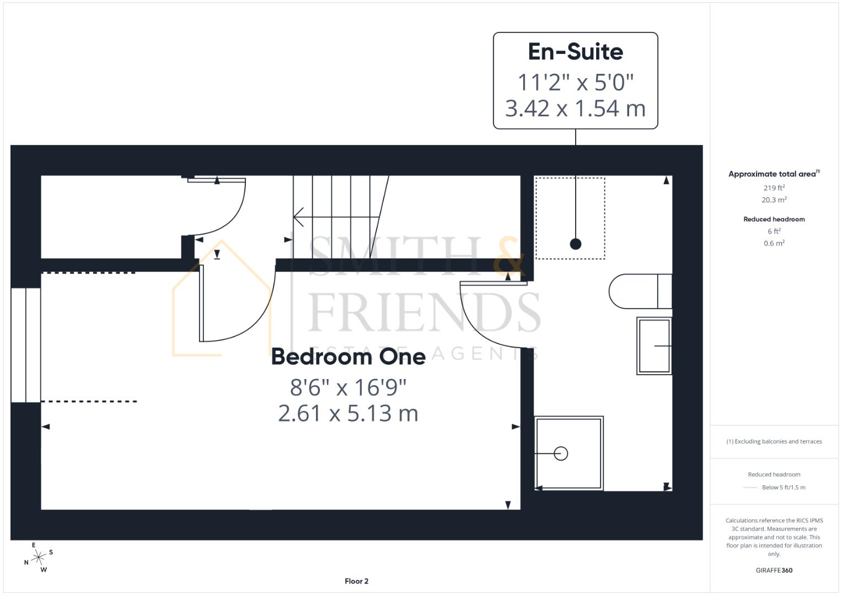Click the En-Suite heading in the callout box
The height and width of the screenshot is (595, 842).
tap(575, 52)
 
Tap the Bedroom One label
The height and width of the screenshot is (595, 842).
tap(348, 357)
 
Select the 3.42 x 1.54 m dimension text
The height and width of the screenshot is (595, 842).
tap(575, 109)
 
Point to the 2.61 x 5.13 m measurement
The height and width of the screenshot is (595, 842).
tap(348, 413)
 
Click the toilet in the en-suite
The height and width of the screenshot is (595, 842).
tap(640, 291)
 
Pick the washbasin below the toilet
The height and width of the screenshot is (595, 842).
tap(654, 346)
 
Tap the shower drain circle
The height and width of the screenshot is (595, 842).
tap(561, 453)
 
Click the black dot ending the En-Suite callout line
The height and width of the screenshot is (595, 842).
tap(575, 244)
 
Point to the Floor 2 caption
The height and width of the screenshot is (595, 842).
tap(356, 581)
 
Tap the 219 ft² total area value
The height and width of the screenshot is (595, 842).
tap(774, 188)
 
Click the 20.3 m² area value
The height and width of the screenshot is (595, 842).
tap(774, 200)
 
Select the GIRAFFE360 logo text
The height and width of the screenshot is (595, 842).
tap(774, 570)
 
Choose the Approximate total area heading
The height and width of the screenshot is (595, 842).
tap(774, 174)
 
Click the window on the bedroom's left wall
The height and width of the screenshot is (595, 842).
tap(25, 345)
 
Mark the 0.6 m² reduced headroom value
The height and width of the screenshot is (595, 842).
tap(774, 244)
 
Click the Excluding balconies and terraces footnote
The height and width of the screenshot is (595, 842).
tap(774, 441)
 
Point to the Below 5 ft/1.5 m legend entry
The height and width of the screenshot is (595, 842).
tap(783, 488)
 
